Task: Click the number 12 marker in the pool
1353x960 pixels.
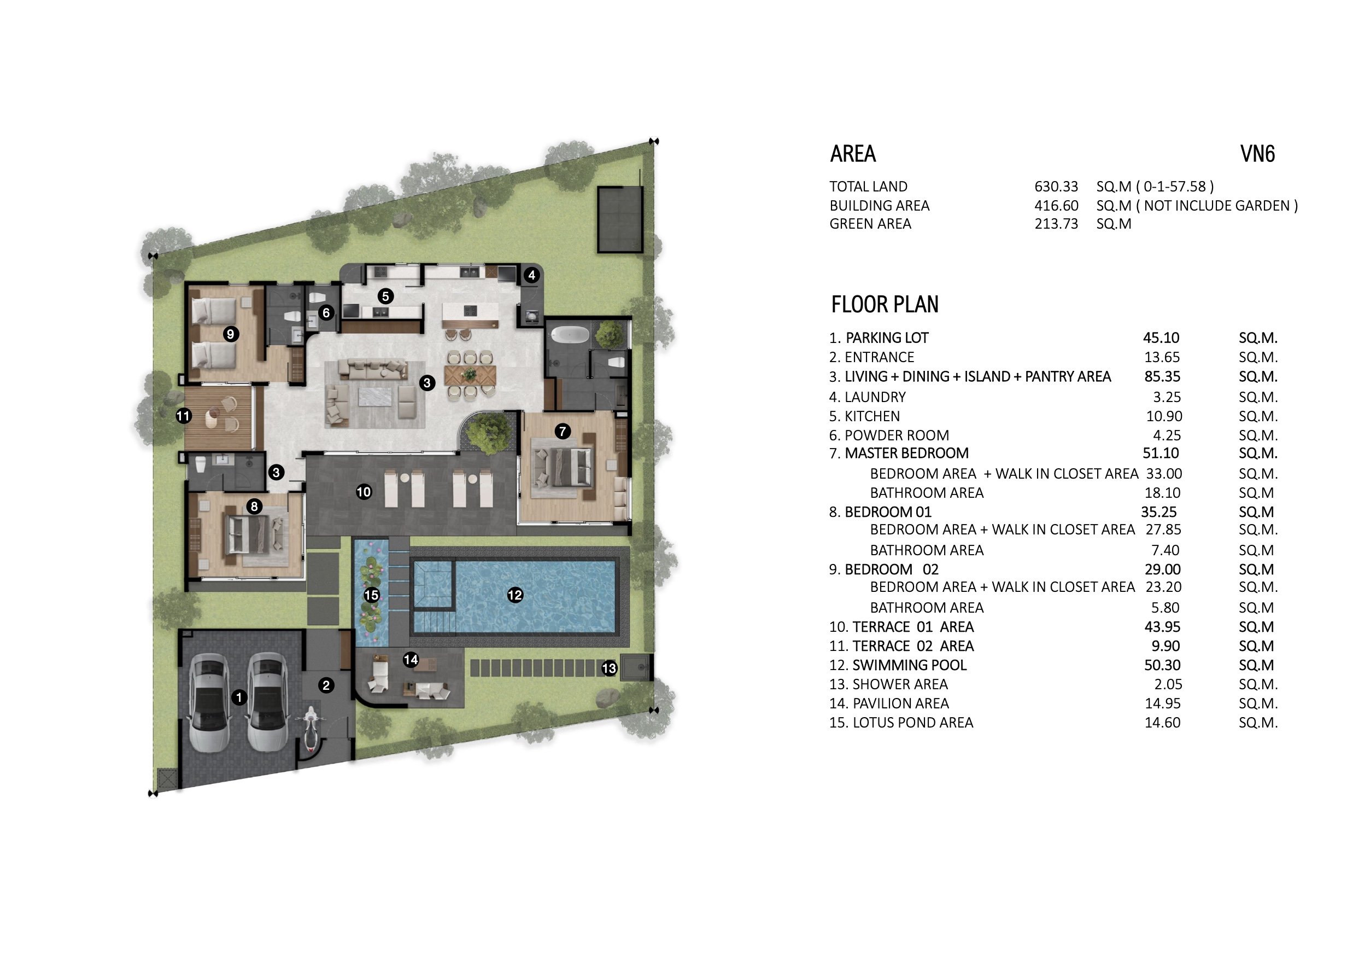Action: point(514,595)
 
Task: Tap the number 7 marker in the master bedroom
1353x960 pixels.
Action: point(563,432)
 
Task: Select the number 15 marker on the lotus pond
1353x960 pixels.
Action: point(372,595)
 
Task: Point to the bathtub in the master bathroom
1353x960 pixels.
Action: point(569,336)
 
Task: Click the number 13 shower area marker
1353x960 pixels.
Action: point(609,668)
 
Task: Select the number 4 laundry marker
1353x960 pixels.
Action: point(532,275)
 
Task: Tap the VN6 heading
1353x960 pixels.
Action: point(1257,154)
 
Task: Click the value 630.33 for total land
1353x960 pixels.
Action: point(1056,186)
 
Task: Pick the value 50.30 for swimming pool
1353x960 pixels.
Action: point(1162,665)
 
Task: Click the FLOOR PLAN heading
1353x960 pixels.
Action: point(885,305)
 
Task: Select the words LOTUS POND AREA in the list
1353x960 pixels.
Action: point(913,723)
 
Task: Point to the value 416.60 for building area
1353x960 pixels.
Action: point(1056,206)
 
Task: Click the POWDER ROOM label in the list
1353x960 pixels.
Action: point(897,435)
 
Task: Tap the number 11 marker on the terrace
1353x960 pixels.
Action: point(183,416)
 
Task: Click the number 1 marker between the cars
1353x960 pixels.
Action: point(239,697)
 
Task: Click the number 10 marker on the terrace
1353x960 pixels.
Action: point(364,491)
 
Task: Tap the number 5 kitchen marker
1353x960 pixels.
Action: point(385,296)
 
